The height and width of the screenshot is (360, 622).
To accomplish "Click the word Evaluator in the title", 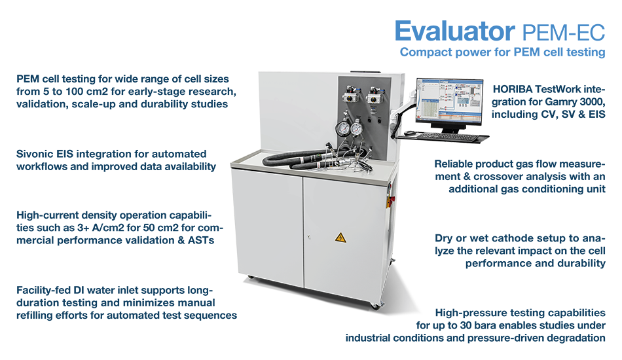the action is click(x=454, y=31).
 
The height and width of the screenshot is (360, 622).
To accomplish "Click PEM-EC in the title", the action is click(x=564, y=33).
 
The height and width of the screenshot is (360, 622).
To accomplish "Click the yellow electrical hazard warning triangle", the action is click(x=340, y=238).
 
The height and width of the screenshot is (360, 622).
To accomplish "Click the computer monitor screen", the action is click(x=449, y=101).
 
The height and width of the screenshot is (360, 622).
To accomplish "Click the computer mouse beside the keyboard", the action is click(x=409, y=134).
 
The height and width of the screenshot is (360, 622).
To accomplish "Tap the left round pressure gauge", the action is click(x=342, y=128).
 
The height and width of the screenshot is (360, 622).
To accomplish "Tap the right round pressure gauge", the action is click(x=356, y=128).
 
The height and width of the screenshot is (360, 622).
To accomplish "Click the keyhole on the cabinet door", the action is click(x=308, y=237).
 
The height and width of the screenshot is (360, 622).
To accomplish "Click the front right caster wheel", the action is click(x=375, y=306).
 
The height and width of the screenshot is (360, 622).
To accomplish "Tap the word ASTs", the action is click(x=201, y=240).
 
